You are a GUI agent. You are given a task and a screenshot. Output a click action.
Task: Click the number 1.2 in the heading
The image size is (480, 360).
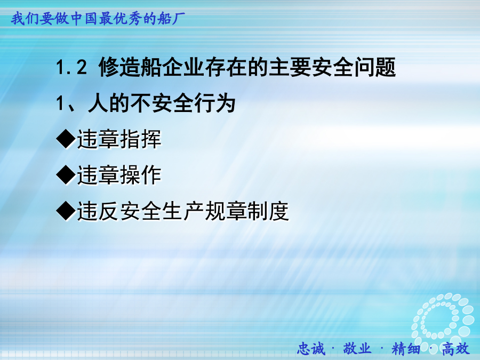click(x=71, y=67)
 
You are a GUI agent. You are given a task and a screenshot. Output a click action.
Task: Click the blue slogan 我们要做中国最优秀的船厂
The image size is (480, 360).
click(x=98, y=19)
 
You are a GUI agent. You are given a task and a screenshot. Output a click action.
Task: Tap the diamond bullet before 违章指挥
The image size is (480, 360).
click(x=66, y=139)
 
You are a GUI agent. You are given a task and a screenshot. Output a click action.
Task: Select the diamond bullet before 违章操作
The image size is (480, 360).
click(x=66, y=175)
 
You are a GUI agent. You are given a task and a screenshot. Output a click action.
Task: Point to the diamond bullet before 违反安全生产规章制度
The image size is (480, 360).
click(x=66, y=211)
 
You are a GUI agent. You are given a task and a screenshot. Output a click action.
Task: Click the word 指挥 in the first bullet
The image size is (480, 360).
click(x=140, y=139)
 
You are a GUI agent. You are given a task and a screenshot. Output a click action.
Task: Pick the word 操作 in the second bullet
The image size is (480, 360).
click(x=140, y=175)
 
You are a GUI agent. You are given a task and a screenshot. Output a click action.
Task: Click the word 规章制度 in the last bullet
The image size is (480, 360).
click(x=247, y=211)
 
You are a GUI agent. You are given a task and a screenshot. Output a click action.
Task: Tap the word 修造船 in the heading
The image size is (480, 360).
click(x=130, y=67)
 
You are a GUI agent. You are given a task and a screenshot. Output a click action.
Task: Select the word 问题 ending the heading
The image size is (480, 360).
click(x=375, y=67)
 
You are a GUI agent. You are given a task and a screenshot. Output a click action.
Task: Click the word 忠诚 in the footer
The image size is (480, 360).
click(x=311, y=349)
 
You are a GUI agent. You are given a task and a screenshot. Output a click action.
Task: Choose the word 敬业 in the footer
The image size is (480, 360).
click(x=357, y=349)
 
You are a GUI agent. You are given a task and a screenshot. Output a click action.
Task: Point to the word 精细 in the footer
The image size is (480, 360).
click(x=406, y=349)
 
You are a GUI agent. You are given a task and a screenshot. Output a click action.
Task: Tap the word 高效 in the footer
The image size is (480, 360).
click(x=455, y=349)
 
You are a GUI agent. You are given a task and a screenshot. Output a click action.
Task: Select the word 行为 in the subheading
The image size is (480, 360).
click(x=215, y=103)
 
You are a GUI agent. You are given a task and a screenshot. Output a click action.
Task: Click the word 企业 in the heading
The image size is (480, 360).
click(x=183, y=67)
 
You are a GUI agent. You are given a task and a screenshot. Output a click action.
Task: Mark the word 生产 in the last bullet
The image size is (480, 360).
click(x=183, y=211)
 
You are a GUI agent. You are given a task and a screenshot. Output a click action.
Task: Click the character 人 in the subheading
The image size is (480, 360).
click(x=98, y=103)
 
